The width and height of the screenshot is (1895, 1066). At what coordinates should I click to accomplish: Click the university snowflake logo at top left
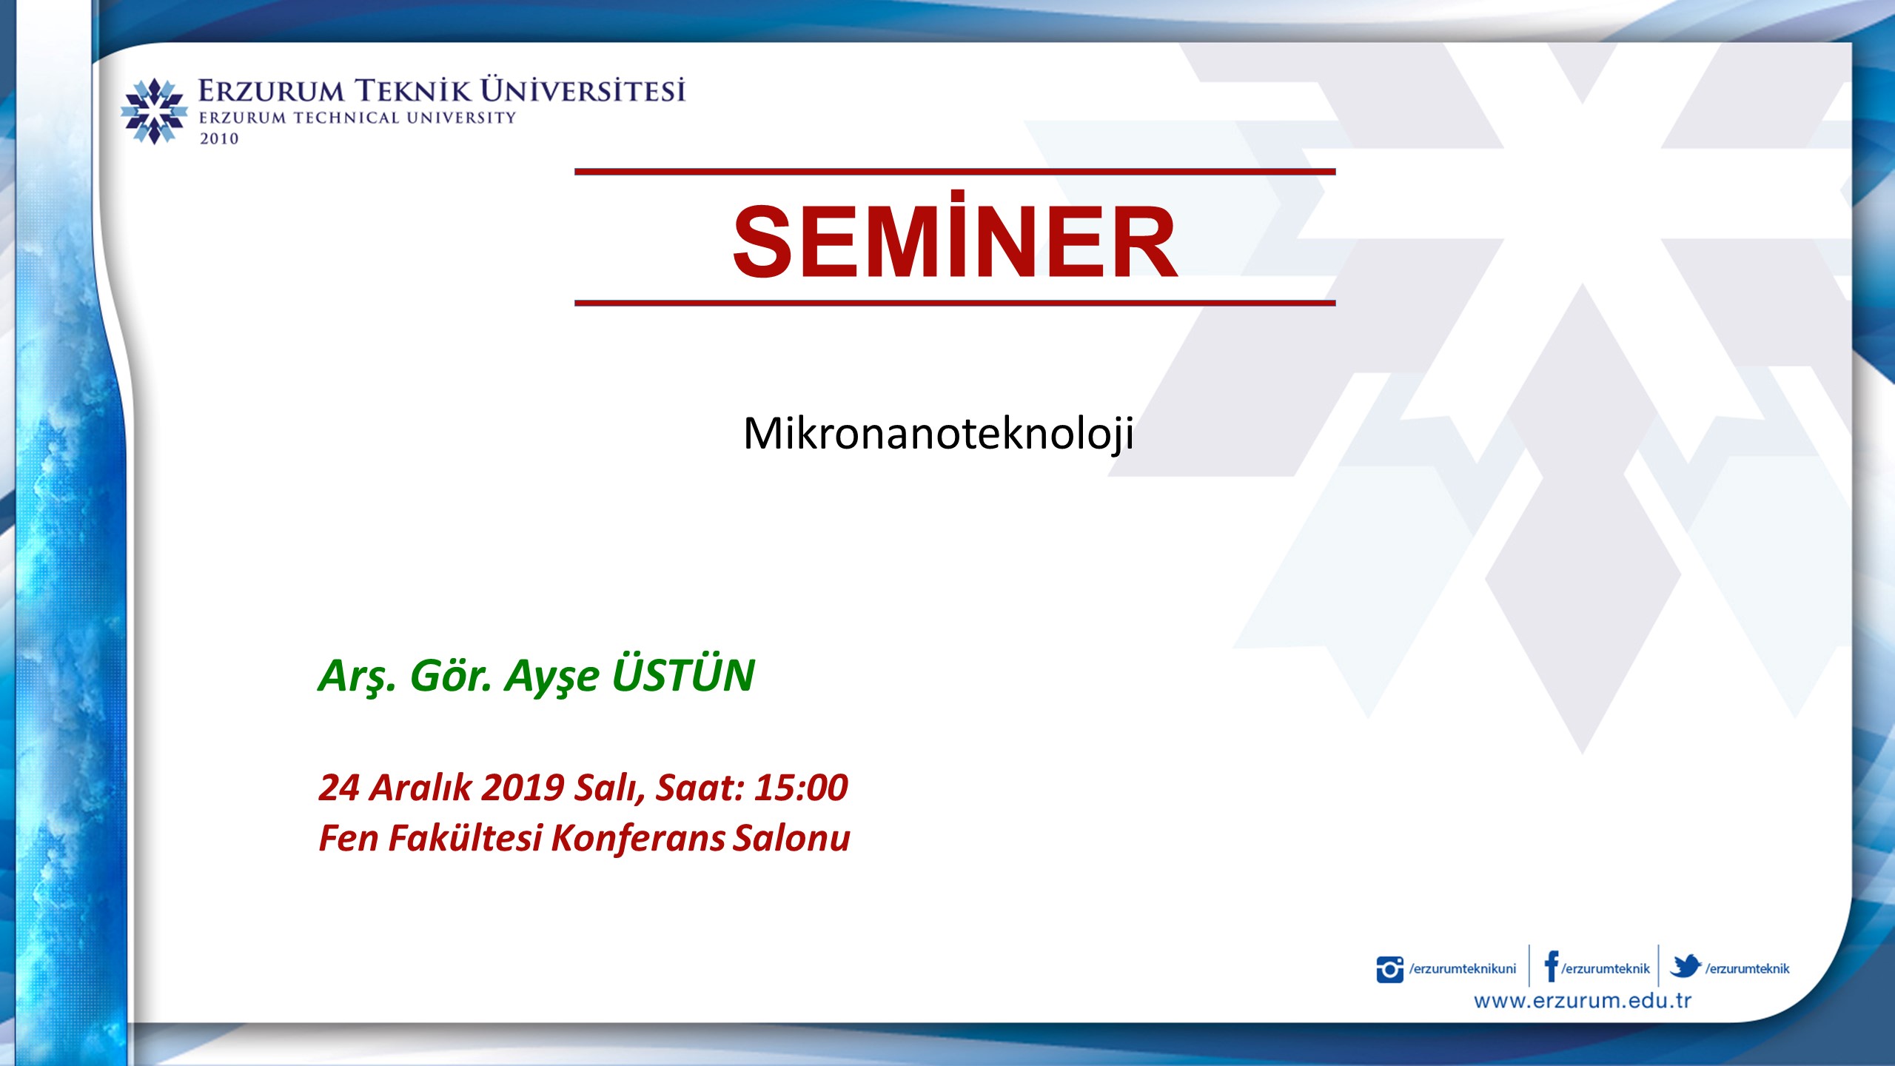(154, 111)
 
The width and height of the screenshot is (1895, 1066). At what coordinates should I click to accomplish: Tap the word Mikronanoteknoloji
(939, 434)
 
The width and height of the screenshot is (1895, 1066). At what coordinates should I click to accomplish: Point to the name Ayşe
(551, 677)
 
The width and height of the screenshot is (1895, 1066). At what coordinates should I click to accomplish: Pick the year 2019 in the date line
(523, 787)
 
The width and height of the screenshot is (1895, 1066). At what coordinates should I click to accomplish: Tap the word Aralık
(420, 787)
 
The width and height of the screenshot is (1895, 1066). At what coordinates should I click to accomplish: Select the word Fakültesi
(466, 839)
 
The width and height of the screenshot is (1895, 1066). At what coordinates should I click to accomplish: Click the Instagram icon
(1389, 970)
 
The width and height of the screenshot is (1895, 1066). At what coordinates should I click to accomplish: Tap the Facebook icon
(1552, 966)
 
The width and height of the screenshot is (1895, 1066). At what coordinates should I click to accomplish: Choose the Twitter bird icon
(1686, 966)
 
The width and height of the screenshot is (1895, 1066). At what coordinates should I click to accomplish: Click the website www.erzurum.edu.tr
(1583, 1001)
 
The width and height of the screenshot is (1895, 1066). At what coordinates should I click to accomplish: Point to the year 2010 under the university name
(219, 138)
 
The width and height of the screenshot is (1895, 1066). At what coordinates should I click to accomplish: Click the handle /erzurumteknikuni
(1463, 969)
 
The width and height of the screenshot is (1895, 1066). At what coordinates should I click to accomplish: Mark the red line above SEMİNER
(955, 172)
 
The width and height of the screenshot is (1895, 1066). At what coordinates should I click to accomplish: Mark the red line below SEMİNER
(955, 303)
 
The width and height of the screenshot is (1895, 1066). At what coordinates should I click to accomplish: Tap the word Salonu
(791, 839)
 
